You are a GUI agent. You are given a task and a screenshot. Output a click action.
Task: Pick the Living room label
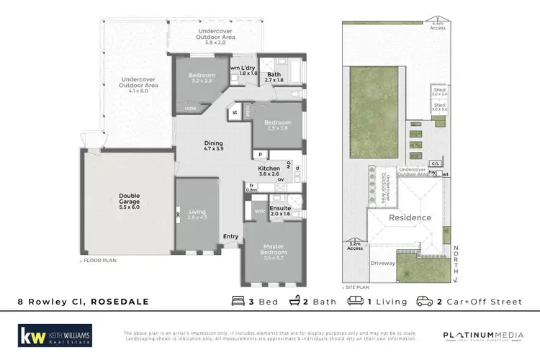[197, 214]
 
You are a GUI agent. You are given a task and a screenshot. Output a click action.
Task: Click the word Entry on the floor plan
[231, 235]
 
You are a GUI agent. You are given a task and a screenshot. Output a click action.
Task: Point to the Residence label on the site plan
[410, 217]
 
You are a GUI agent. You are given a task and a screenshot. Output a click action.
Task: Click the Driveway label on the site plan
[383, 264]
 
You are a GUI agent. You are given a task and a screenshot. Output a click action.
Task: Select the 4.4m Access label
[438, 25]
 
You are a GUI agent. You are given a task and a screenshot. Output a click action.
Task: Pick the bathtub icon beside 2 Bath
[294, 302]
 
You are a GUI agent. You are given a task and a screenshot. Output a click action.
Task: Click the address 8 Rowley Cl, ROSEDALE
[83, 302]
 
